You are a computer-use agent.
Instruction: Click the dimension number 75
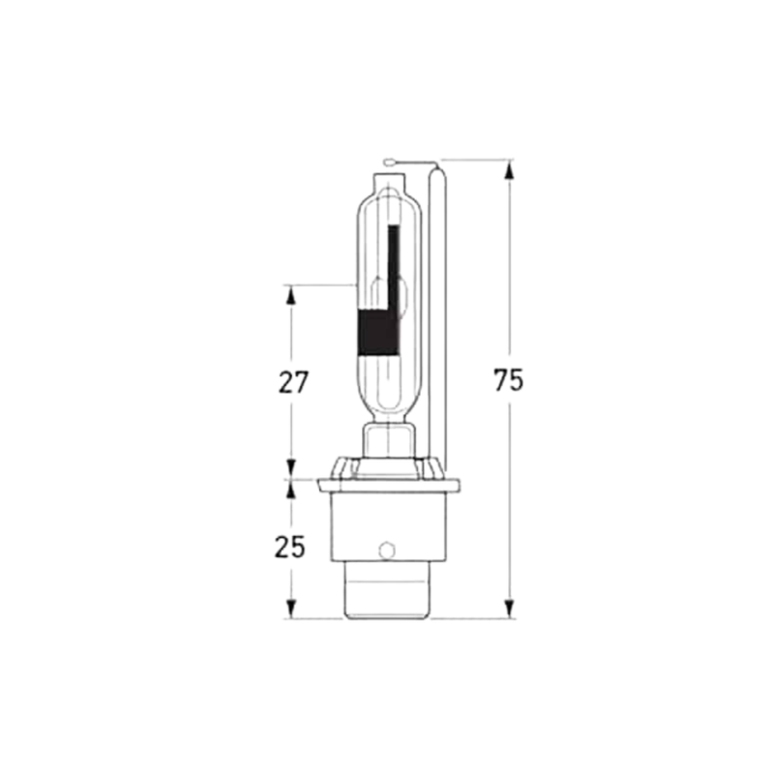click(508, 380)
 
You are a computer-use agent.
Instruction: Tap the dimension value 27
click(292, 382)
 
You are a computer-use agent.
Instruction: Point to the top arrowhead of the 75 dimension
click(509, 169)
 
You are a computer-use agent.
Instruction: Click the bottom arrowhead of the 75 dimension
click(509, 610)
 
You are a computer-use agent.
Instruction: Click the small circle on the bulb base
click(387, 550)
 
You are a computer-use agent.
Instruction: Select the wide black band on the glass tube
click(378, 332)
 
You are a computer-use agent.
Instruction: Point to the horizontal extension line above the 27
click(319, 284)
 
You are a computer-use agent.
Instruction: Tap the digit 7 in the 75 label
click(500, 380)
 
